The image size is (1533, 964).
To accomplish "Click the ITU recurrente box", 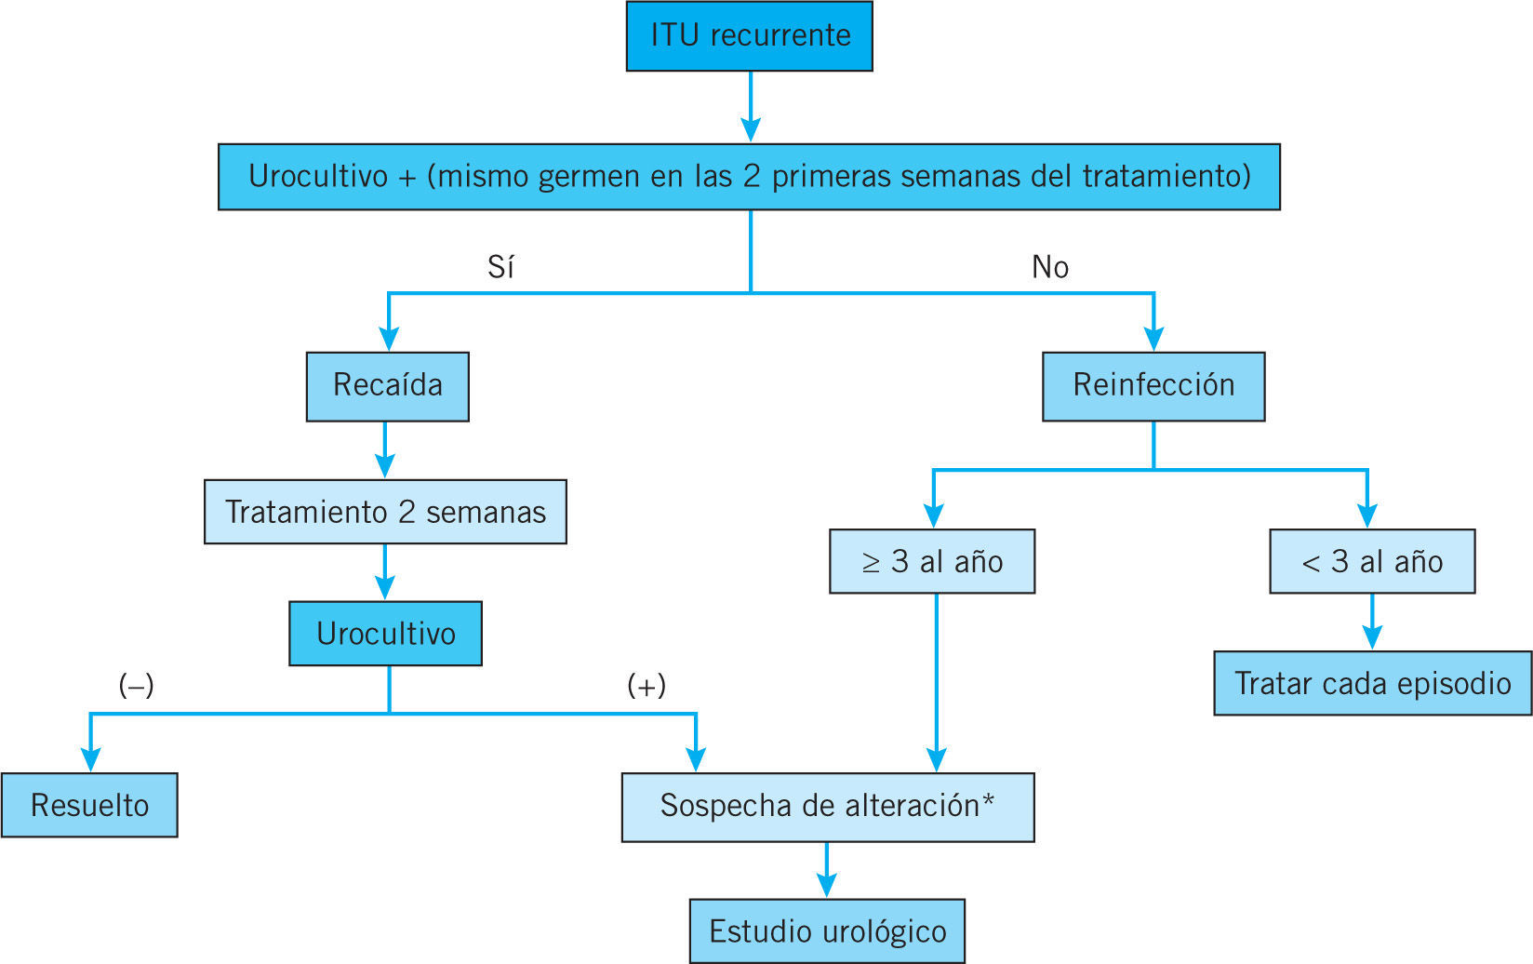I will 749,36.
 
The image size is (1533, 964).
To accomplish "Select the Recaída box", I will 387,386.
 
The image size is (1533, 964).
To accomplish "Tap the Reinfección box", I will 1153,386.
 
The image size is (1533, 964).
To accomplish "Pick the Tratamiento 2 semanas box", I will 385,512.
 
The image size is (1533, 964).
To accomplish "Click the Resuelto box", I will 89,805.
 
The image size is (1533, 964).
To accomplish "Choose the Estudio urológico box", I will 827,931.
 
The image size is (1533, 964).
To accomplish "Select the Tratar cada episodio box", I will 1372,683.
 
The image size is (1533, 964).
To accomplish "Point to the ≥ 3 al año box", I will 931,562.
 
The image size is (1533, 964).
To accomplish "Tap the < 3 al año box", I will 1372,562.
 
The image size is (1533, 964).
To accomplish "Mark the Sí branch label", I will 500,268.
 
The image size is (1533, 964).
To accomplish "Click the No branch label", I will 1050,268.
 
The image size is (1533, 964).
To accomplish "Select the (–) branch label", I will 136,686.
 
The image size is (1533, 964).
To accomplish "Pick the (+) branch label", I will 647,686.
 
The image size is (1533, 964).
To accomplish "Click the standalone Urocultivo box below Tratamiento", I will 385,634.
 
